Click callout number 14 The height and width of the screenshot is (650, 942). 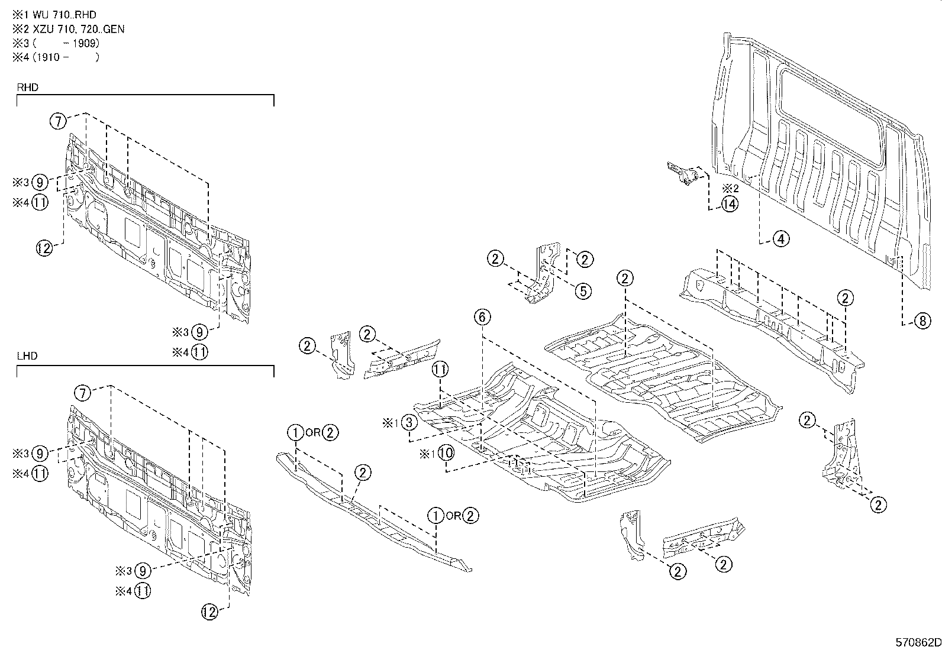click(730, 205)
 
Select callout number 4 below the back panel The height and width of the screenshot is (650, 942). click(780, 239)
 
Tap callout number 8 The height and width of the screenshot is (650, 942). click(922, 321)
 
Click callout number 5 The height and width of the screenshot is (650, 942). click(583, 290)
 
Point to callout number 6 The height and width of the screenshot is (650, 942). click(482, 318)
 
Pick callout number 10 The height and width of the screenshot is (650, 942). click(446, 454)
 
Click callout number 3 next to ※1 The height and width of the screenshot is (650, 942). click(409, 422)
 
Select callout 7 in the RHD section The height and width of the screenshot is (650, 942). click(57, 121)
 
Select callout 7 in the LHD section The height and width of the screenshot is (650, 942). click(83, 392)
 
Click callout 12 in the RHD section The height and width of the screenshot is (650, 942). click(44, 248)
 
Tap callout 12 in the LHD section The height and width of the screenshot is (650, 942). click(209, 612)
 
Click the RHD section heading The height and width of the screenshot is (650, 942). click(27, 88)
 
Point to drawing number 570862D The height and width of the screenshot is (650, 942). click(917, 642)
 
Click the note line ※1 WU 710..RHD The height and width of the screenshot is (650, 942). click(54, 15)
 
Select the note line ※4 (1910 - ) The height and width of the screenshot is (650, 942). click(56, 57)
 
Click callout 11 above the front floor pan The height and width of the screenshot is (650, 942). click(440, 370)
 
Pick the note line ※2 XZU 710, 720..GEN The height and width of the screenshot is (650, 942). click(68, 29)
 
